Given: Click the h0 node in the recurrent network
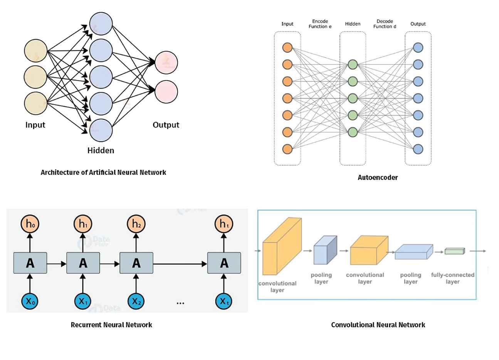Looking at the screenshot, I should (30, 224).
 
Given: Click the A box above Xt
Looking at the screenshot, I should (224, 263).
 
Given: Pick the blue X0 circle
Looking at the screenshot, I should (30, 301).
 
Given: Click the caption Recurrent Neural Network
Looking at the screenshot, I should (111, 325).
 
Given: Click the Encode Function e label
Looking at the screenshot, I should (320, 24).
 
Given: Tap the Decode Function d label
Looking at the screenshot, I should (385, 24).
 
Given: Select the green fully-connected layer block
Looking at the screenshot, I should (455, 251).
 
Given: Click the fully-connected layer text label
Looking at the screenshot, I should (453, 278).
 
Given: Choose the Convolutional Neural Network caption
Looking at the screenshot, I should (378, 325).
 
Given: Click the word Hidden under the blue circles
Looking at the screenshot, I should (101, 150).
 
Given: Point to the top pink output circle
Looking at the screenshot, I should (166, 62).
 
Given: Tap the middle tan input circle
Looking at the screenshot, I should (35, 77).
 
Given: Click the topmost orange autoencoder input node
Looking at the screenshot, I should (287, 47).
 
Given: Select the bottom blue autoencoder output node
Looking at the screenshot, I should (418, 149).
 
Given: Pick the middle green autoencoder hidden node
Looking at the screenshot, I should (353, 98).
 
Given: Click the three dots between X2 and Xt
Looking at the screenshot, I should (180, 303).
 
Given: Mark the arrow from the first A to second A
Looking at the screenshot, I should (57, 264).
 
